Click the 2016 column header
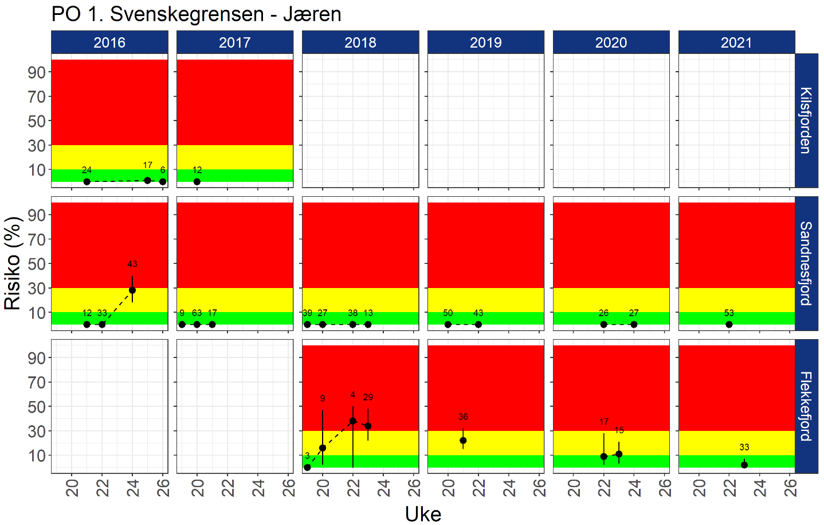pyautogui.click(x=109, y=42)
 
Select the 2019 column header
pyautogui.click(x=485, y=42)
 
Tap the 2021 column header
pyautogui.click(x=736, y=42)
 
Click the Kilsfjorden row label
pyautogui.click(x=806, y=120)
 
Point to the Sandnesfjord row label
pyautogui.click(x=806, y=263)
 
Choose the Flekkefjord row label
pyautogui.click(x=806, y=406)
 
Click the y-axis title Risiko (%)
pyautogui.click(x=13, y=263)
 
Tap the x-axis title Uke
pyautogui.click(x=423, y=514)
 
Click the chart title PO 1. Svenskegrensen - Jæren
pyautogui.click(x=197, y=14)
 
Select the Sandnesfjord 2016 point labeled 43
pyautogui.click(x=132, y=290)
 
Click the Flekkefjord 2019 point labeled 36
pyautogui.click(x=463, y=440)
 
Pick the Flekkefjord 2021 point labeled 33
pyautogui.click(x=744, y=465)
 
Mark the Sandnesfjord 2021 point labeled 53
pyautogui.click(x=729, y=324)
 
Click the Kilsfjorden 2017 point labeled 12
pyautogui.click(x=197, y=181)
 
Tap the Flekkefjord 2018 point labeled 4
pyautogui.click(x=353, y=421)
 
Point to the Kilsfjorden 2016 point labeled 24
pyautogui.click(x=87, y=181)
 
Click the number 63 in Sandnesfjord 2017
pyautogui.click(x=197, y=313)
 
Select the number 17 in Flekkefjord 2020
pyautogui.click(x=604, y=422)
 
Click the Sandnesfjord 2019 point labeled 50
pyautogui.click(x=448, y=324)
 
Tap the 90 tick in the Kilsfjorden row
pyautogui.click(x=37, y=72)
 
